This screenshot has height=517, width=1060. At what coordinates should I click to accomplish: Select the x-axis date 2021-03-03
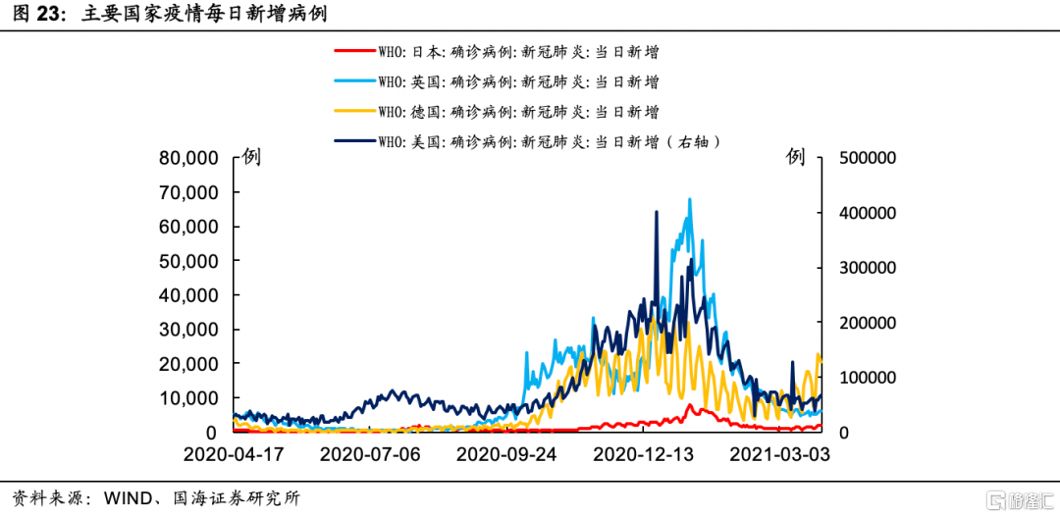coord(781,455)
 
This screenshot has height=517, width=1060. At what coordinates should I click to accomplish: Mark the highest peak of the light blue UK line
coord(690,199)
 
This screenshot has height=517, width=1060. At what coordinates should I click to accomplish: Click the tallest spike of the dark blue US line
coord(657,211)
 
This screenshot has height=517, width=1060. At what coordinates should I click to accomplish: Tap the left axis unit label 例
coord(252,157)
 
